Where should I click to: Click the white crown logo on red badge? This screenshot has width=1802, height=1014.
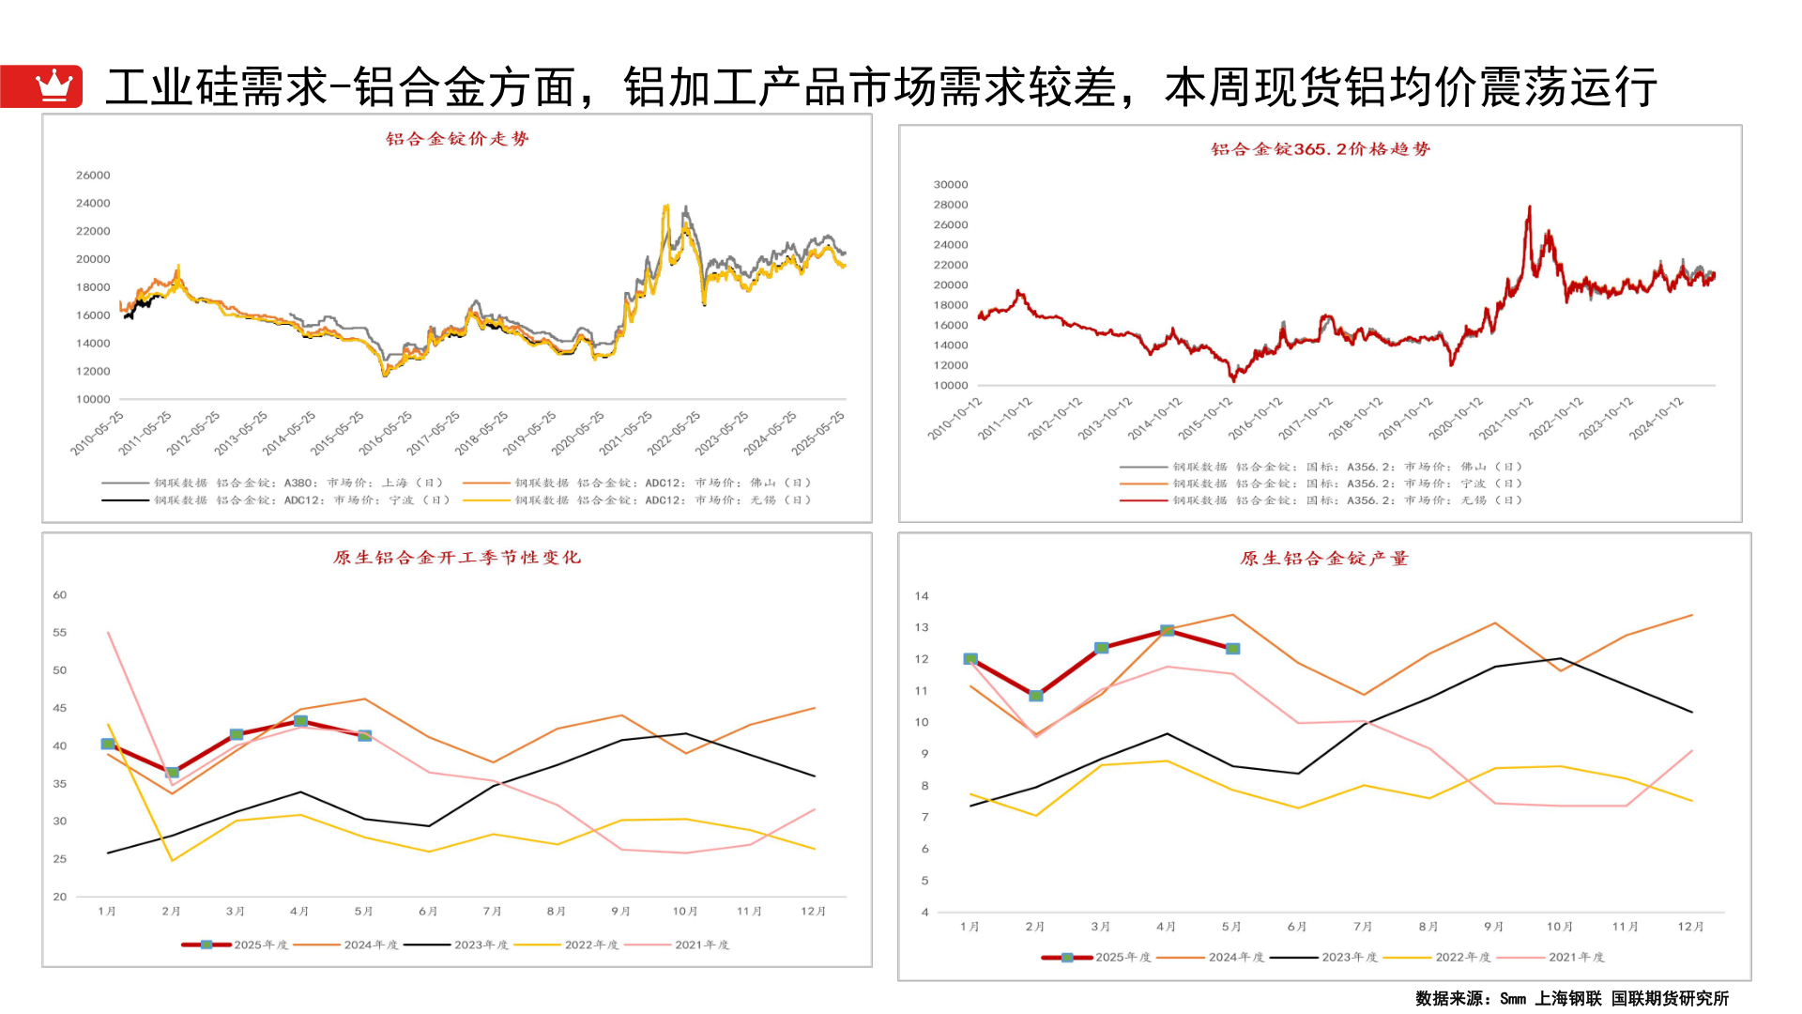click(x=53, y=85)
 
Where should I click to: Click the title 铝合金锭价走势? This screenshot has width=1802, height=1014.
click(x=457, y=139)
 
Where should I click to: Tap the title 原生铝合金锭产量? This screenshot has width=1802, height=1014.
click(x=1324, y=559)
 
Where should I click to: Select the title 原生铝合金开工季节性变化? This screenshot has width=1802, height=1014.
click(x=457, y=558)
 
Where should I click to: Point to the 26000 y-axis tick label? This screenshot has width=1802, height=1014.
click(x=93, y=176)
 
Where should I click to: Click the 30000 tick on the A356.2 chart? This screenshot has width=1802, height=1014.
click(x=950, y=185)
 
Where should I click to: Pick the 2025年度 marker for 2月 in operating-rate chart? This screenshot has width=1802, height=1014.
click(x=173, y=773)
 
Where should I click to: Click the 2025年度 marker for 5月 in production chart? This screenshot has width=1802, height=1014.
click(x=1233, y=649)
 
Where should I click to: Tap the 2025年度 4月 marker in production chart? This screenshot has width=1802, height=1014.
click(x=1167, y=631)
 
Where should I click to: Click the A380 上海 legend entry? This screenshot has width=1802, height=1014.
click(x=272, y=484)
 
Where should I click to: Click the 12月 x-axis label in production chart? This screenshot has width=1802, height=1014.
click(x=1690, y=927)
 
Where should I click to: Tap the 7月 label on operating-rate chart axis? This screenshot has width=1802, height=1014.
click(x=492, y=912)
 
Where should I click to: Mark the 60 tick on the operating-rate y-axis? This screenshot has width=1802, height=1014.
click(x=60, y=595)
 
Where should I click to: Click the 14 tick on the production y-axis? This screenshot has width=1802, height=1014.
click(x=922, y=596)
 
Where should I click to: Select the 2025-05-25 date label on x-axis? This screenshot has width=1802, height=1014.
click(x=818, y=433)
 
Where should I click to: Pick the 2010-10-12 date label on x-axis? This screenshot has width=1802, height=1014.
click(x=954, y=419)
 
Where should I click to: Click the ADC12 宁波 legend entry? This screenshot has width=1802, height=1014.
click(x=277, y=500)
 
